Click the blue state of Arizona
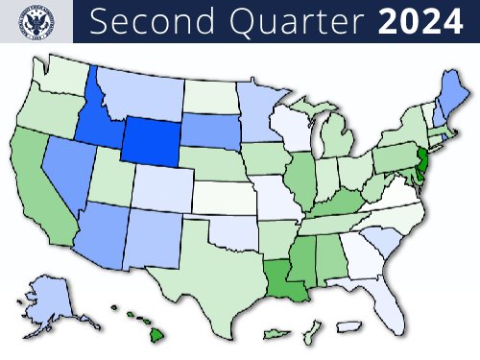click(106, 230)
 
